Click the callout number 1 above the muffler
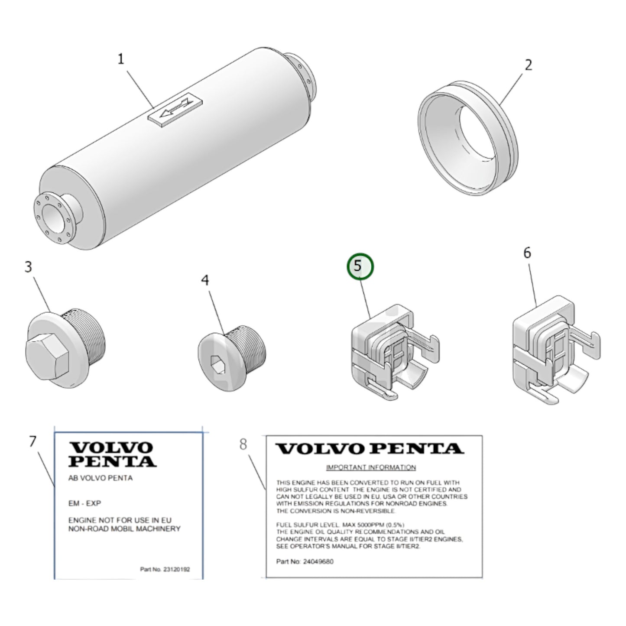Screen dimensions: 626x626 121,59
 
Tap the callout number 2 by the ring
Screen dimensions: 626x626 529,65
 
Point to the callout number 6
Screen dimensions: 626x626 527,253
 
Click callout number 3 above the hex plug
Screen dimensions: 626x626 29,267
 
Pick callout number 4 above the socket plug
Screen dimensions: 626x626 205,280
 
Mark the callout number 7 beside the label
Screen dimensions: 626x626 33,441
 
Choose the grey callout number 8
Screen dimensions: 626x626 243,444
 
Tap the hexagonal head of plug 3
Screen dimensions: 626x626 47,358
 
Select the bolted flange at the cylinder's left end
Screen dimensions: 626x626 55,218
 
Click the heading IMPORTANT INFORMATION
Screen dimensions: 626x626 371,467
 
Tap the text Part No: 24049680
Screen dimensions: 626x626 305,562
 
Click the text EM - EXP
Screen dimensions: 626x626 85,503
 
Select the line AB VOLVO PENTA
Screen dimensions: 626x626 101,478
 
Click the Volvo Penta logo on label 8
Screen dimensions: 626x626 370,449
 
